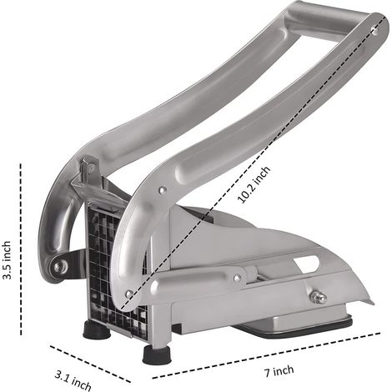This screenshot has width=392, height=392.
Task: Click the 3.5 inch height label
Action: coord(7,260)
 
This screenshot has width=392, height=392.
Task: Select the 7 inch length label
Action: coord(279,371)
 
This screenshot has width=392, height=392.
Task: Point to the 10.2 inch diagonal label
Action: coord(254,184)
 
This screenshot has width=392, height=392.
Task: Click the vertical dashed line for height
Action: coord(21,249)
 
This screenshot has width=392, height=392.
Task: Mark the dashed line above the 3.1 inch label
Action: coord(90,364)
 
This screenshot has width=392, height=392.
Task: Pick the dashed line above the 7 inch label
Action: coord(266,355)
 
